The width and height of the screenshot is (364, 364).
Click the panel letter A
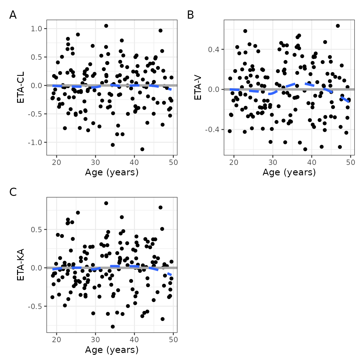[13, 15]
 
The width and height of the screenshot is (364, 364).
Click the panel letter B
[190, 15]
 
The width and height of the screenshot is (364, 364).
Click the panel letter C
[13, 192]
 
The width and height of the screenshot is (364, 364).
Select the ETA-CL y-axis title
[21, 88]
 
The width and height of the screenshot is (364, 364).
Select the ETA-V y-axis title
[198, 88]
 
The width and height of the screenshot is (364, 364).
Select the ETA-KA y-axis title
[21, 265]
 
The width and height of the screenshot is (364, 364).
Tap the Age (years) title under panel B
[289, 172]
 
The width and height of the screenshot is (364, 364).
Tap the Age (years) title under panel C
[112, 350]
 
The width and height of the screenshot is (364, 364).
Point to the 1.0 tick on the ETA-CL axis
[36, 29]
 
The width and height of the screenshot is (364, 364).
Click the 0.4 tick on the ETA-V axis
[214, 49]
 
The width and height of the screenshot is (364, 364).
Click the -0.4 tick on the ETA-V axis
[212, 130]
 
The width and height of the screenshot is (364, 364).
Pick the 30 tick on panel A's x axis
[95, 162]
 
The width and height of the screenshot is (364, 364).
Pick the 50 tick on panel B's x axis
[350, 162]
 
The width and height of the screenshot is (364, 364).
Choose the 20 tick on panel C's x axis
[57, 340]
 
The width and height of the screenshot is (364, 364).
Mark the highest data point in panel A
[106, 26]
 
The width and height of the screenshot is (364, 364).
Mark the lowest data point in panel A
[142, 149]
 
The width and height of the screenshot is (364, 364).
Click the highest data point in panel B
[338, 26]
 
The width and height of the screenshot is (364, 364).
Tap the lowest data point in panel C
[113, 326]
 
